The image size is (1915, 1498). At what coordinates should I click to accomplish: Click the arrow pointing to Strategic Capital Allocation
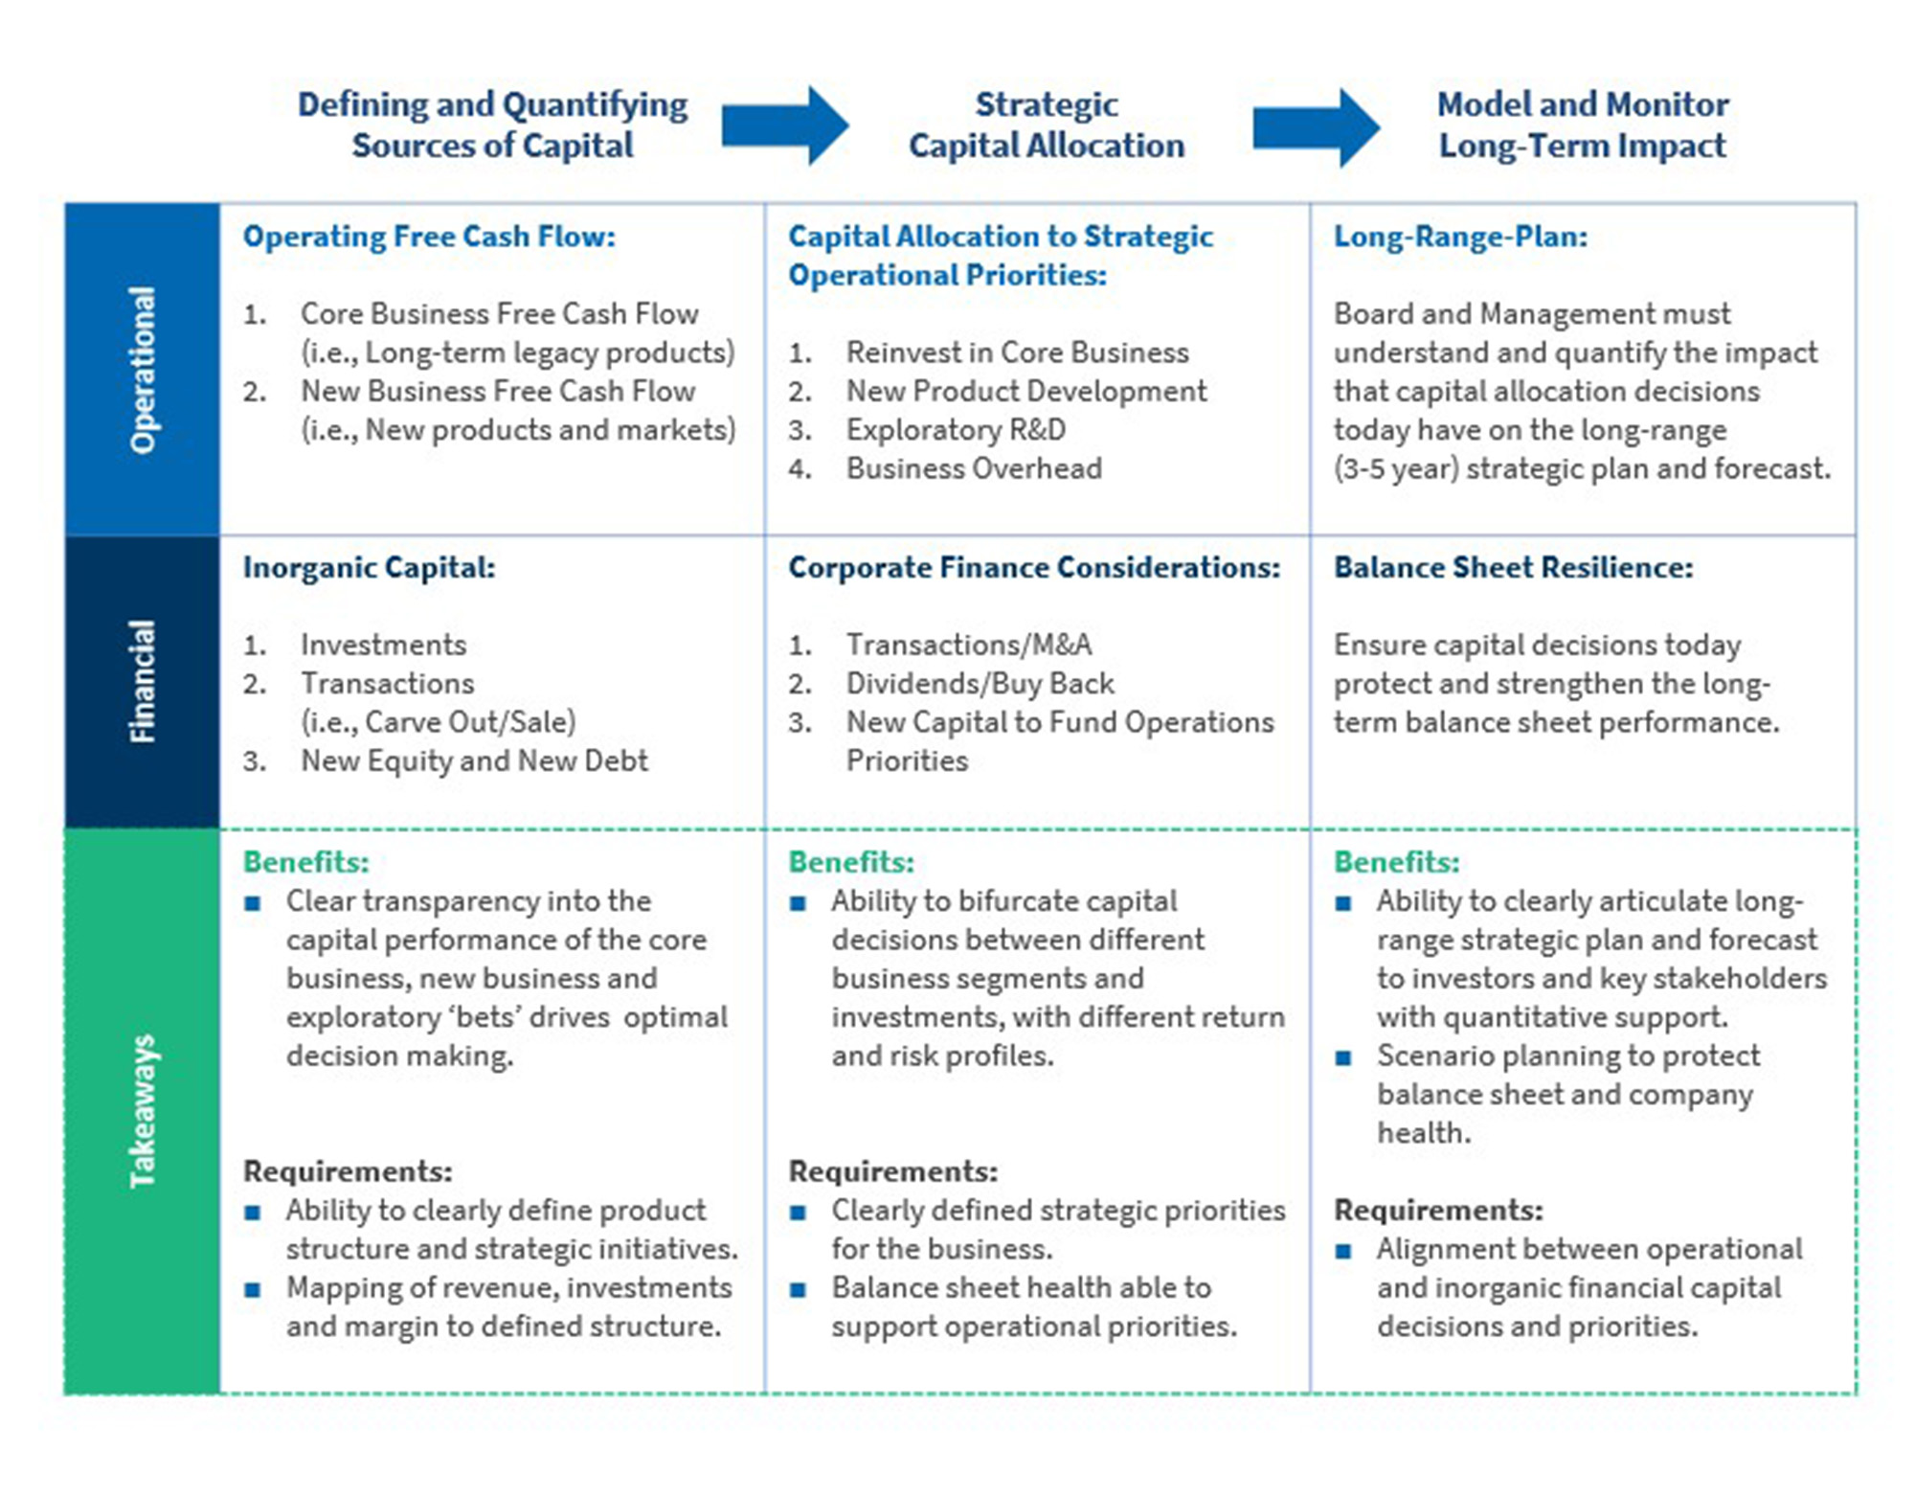(x=784, y=125)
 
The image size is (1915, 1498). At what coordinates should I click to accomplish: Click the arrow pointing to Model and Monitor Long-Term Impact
(x=1316, y=127)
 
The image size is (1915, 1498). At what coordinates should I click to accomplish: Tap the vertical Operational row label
(x=143, y=370)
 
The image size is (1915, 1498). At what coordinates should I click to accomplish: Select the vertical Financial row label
(x=143, y=681)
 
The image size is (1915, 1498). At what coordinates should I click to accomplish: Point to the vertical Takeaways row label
(x=143, y=1111)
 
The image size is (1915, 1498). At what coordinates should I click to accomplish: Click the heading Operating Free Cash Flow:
(x=429, y=237)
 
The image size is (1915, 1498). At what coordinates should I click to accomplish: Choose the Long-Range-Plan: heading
(x=1460, y=237)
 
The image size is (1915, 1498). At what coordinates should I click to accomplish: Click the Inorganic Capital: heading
(x=369, y=567)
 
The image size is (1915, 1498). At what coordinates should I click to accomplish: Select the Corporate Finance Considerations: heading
(x=1034, y=567)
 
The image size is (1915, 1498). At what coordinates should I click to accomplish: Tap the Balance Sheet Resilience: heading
(x=1513, y=567)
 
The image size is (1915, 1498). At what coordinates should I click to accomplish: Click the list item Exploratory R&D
(x=956, y=430)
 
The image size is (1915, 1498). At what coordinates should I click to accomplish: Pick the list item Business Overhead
(x=974, y=468)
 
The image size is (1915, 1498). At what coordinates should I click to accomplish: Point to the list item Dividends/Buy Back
(x=980, y=684)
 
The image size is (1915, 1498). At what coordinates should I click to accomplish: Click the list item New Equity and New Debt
(x=474, y=760)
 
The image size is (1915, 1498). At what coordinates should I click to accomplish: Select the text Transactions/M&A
(x=969, y=645)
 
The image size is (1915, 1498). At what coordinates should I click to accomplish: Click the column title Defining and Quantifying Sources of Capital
(x=492, y=125)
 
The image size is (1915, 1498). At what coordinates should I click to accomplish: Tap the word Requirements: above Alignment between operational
(x=1438, y=1210)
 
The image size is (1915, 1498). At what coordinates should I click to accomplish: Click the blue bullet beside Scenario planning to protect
(x=1343, y=1058)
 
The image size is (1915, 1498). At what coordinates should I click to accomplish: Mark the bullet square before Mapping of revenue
(x=253, y=1289)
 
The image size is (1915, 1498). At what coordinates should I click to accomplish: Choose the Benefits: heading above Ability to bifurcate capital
(x=851, y=862)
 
